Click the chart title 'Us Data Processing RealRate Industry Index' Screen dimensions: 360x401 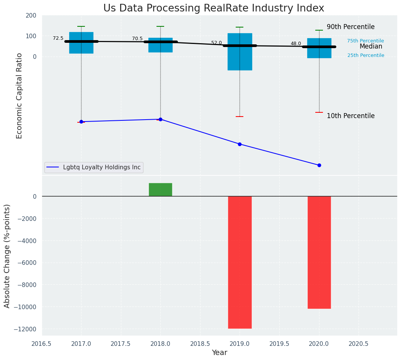click(x=214, y=8)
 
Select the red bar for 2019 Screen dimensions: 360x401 click(x=240, y=262)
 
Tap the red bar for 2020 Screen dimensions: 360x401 click(x=319, y=252)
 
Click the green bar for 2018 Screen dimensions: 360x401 click(x=160, y=190)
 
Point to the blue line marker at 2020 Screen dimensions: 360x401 click(x=319, y=165)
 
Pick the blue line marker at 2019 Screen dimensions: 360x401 click(x=240, y=144)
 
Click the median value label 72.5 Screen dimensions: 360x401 click(x=58, y=38)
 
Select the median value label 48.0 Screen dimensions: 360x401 click(x=296, y=44)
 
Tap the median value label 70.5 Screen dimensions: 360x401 click(x=137, y=39)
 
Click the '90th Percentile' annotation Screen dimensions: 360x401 click(x=350, y=27)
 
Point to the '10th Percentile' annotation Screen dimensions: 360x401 click(x=350, y=116)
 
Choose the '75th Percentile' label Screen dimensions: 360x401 click(x=365, y=41)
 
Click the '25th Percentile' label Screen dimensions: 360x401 click(x=366, y=55)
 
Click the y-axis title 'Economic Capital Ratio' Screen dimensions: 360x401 click(x=20, y=96)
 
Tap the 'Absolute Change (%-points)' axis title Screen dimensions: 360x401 click(x=7, y=256)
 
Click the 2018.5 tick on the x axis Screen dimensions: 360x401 click(x=200, y=344)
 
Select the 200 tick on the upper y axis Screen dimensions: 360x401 click(x=31, y=15)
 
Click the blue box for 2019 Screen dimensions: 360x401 click(x=240, y=52)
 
